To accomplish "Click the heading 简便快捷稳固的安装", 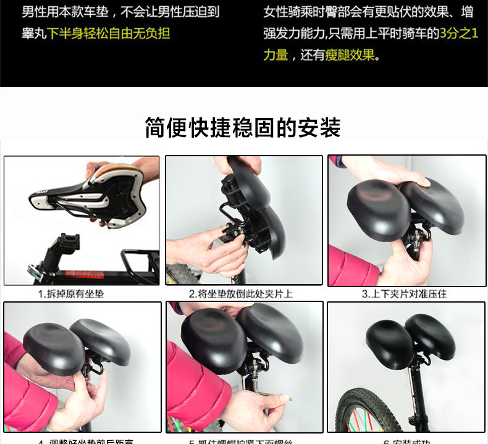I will [x=243, y=128].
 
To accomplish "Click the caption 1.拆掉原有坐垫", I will [x=71, y=294].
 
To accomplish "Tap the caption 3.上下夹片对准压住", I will [x=404, y=294].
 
